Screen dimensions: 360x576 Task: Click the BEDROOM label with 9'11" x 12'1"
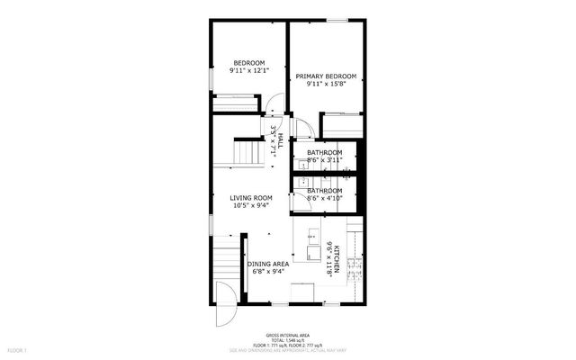click(x=249, y=62)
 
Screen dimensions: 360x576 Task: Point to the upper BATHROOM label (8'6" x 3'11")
click(x=324, y=153)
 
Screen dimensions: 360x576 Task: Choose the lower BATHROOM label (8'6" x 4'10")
click(x=324, y=191)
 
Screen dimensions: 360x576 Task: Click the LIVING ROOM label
click(x=251, y=198)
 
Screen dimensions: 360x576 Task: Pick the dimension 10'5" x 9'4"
click(x=251, y=206)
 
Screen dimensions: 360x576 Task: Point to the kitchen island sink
click(x=311, y=236)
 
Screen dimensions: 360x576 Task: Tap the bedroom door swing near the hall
click(x=274, y=126)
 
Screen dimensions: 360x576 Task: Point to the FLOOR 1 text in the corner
click(x=16, y=349)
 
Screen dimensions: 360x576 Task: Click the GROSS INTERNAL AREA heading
click(x=287, y=332)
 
